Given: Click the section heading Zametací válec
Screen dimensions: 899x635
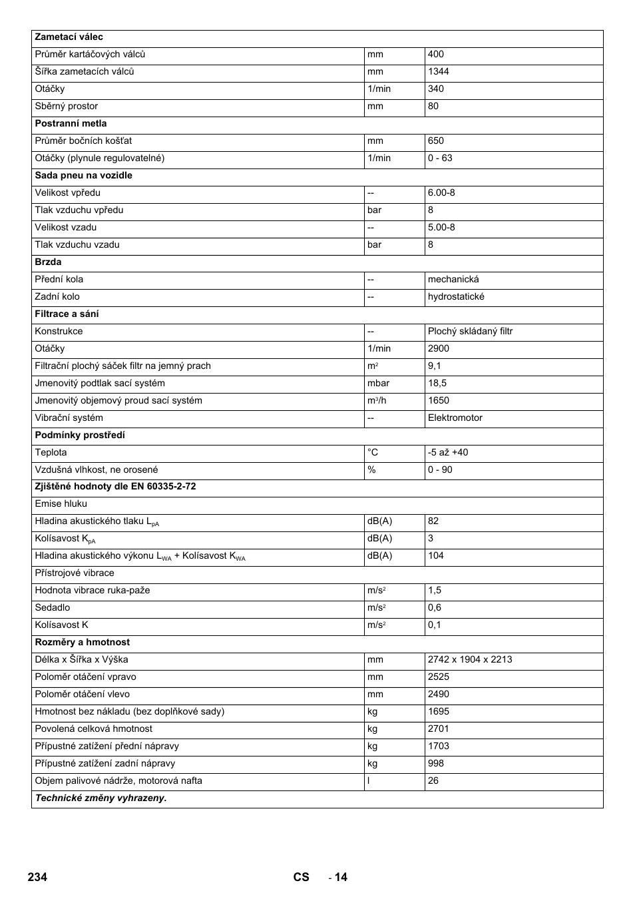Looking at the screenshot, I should click(x=69, y=37).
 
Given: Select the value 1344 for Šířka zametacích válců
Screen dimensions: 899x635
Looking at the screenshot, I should click(x=439, y=72).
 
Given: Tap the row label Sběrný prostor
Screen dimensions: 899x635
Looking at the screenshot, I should click(x=67, y=107).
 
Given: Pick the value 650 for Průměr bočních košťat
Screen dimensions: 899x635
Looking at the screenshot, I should click(x=436, y=141).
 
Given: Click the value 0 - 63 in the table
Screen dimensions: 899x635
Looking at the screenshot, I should click(x=440, y=158).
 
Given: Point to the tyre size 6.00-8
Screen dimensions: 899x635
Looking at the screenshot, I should click(x=441, y=193).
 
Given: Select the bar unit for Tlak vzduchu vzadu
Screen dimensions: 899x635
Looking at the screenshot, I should click(x=375, y=245).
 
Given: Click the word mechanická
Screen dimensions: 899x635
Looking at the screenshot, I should click(x=453, y=280).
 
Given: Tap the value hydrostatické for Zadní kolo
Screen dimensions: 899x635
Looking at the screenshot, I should click(x=456, y=297).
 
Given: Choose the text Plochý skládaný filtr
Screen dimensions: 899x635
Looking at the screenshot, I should click(x=470, y=332).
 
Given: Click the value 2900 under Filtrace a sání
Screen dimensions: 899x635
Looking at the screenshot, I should click(x=439, y=349).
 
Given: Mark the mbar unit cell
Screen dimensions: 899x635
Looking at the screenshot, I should click(x=378, y=384).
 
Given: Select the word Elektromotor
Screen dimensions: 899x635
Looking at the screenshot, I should click(x=455, y=418).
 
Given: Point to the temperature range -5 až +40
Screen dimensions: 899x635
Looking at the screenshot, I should click(x=448, y=453).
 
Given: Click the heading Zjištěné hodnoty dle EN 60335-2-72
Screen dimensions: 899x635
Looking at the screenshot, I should click(x=115, y=487).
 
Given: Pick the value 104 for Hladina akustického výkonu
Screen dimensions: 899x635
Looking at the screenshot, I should click(x=436, y=556).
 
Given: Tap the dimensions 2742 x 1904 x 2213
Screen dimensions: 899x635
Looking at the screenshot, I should click(x=470, y=660).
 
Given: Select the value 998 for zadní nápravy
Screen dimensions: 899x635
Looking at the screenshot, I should click(x=436, y=764).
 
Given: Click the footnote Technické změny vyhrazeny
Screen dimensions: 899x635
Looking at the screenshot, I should click(x=101, y=798).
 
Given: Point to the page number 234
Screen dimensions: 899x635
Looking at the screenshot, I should click(x=38, y=877).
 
